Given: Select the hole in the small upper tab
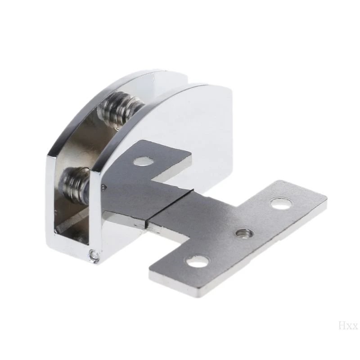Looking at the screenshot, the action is (x=144, y=161).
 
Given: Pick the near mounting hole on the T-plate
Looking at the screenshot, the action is (x=198, y=261).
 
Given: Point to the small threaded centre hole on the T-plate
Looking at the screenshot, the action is (x=245, y=233).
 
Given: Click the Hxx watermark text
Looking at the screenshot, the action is (x=348, y=326).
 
